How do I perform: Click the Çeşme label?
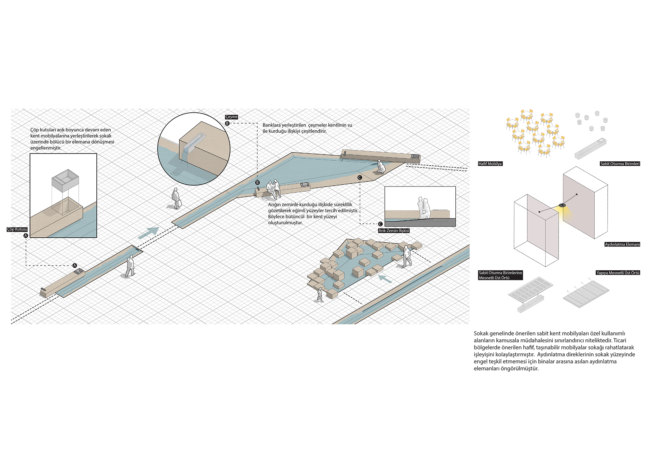(231, 117)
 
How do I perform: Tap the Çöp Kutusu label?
(17, 229)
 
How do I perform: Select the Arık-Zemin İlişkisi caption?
(394, 230)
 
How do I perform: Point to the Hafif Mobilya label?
(490, 164)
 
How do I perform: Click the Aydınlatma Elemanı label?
(622, 244)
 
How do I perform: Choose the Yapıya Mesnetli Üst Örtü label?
(617, 273)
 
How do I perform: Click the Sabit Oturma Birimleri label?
(620, 164)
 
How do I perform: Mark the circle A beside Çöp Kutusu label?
(26, 235)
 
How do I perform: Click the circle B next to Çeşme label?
(227, 123)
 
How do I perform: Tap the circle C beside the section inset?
(380, 224)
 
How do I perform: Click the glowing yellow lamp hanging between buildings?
(562, 206)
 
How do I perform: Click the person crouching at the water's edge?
(380, 167)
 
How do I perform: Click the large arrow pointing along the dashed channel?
(148, 233)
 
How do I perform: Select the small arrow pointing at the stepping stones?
(385, 279)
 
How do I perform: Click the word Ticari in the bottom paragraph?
(620, 340)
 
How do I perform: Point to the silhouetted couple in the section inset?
(424, 208)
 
